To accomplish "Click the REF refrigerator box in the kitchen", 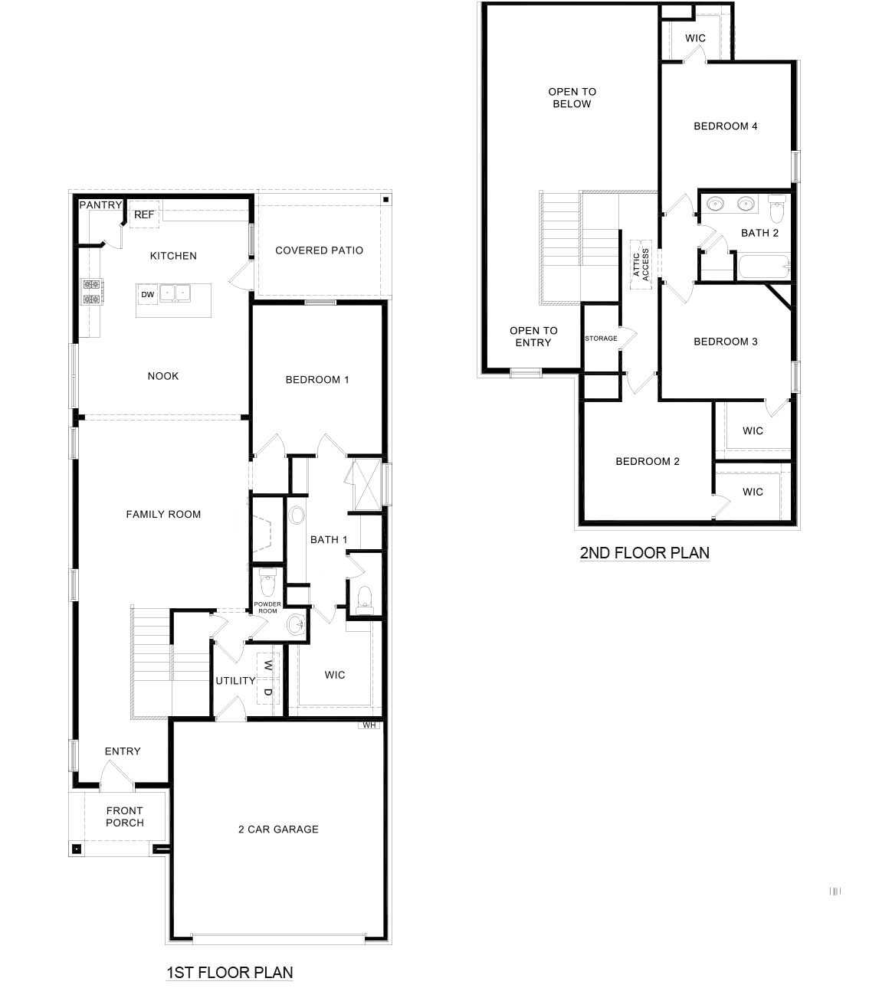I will tap(143, 215).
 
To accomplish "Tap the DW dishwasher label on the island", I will tap(148, 294).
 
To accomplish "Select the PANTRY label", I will tap(100, 205).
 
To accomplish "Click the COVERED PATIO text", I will tap(319, 250).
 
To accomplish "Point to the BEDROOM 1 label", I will tap(317, 380).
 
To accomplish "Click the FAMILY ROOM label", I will tap(163, 515).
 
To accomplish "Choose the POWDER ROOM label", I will tap(268, 607).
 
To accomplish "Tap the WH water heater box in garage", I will tap(369, 725).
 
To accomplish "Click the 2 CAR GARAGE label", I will tap(278, 829).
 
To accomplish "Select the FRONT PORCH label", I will tap(125, 816).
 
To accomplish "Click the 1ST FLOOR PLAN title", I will tap(230, 973).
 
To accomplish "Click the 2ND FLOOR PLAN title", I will tap(644, 553).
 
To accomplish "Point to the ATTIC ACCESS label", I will tap(641, 264).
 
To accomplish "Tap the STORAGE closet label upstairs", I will tap(601, 339).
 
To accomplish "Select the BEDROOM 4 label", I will tap(725, 126).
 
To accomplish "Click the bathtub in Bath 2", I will tap(762, 269).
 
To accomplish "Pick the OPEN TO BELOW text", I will tap(572, 98).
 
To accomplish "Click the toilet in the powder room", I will tap(267, 584).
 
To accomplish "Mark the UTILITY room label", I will tap(234, 681).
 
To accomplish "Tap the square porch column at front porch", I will tap(77, 849).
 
